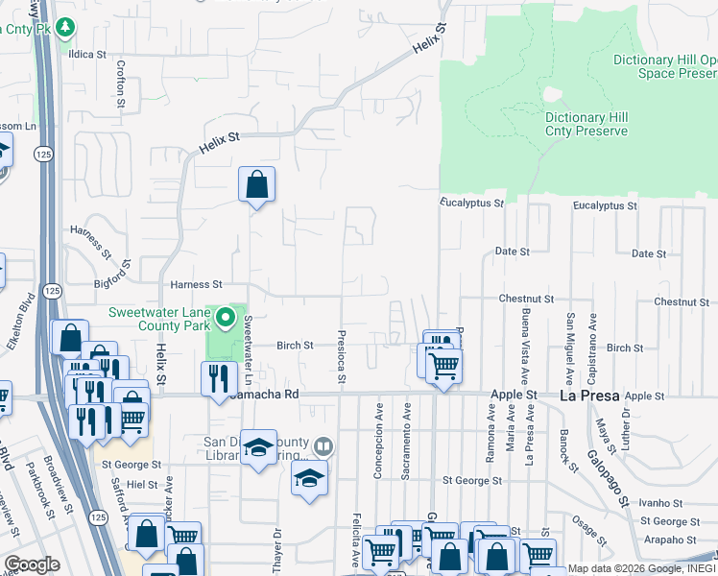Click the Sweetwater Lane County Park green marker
click(226, 316)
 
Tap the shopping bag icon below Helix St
click(257, 184)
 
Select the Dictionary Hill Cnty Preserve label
click(586, 124)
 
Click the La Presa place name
click(588, 396)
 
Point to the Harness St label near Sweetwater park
click(196, 285)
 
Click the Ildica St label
click(86, 55)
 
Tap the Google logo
click(32, 564)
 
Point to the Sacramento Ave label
click(407, 440)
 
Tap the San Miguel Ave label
click(570, 347)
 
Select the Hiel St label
click(141, 486)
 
